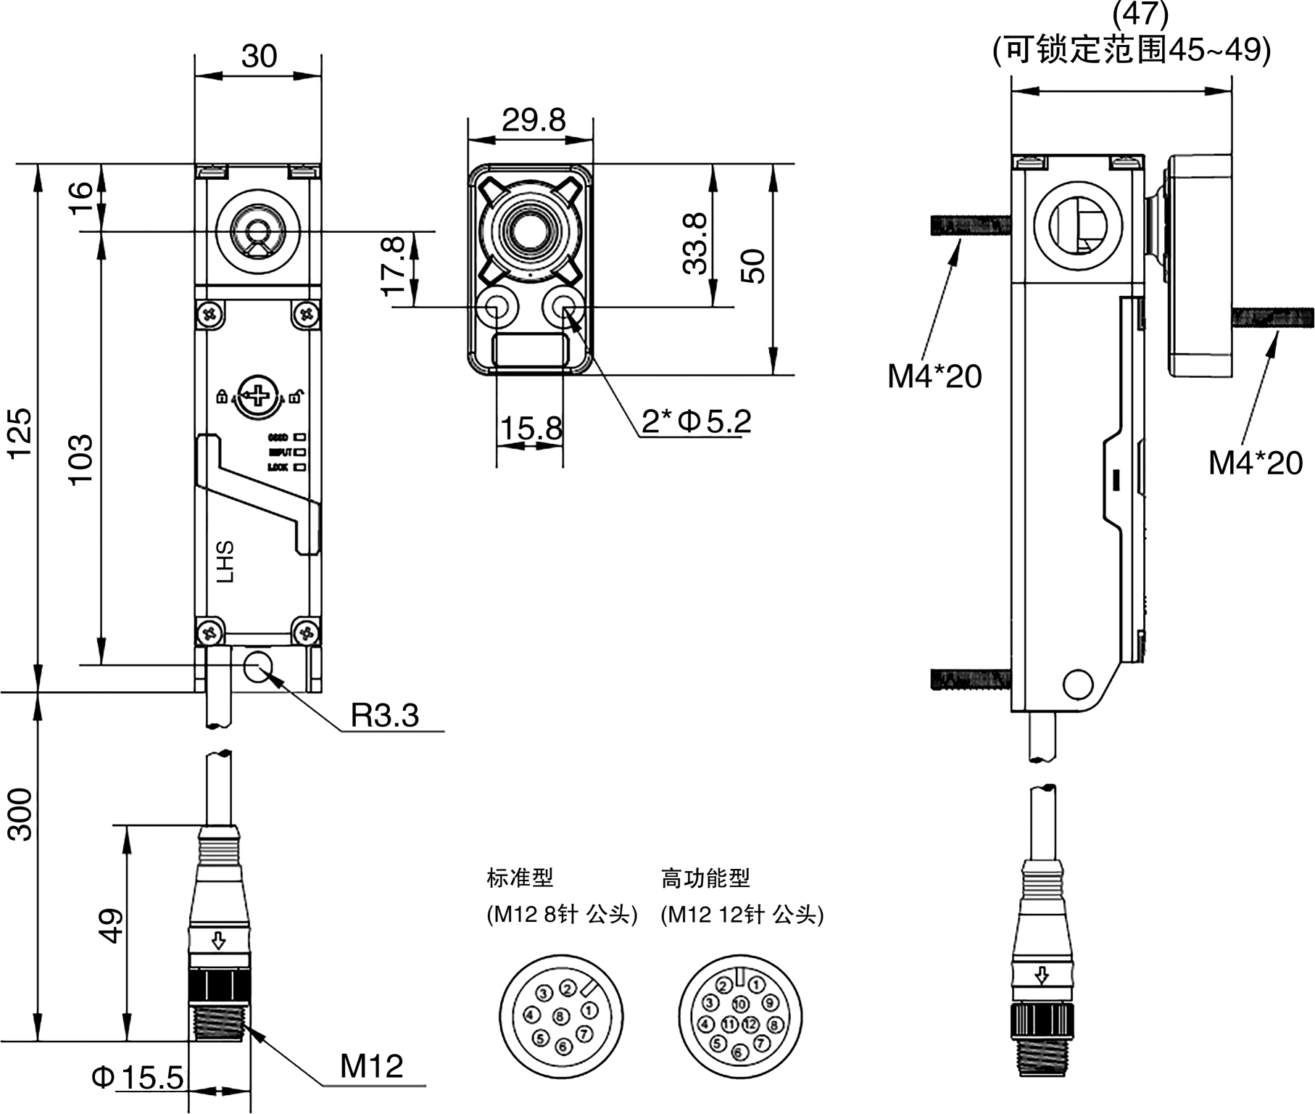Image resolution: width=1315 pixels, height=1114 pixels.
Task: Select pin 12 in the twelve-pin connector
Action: point(750,1024)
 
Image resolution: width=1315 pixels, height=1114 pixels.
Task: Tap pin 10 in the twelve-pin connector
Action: point(740,1004)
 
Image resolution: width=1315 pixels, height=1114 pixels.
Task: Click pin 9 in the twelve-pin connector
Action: point(771,1003)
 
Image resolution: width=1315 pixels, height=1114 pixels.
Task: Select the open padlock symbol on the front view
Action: point(296,395)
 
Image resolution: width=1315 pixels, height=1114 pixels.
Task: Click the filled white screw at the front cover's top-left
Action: point(210,313)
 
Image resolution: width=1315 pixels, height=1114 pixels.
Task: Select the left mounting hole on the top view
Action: point(497,308)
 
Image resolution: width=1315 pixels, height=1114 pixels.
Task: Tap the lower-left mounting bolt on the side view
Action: point(969,680)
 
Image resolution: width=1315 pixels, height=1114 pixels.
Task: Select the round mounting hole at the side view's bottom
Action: point(1077,682)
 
